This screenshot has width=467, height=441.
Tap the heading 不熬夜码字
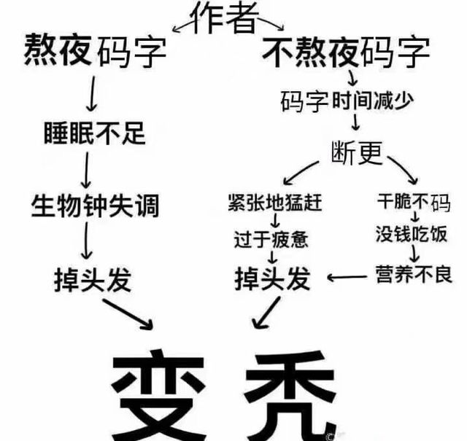coord(346,52)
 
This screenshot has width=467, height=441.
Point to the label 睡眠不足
coord(95,133)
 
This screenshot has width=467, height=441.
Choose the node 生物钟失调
coord(96,206)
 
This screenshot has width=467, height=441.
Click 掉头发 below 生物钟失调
coord(93,279)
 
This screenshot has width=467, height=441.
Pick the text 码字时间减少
coord(347,101)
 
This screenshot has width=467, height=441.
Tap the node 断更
coord(357,152)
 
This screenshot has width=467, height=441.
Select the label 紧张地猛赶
coord(275,203)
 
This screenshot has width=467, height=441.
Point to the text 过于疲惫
coord(271,239)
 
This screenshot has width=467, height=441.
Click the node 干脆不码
coord(414,203)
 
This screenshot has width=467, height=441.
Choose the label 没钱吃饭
coord(412,234)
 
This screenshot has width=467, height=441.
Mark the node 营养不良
coord(414,274)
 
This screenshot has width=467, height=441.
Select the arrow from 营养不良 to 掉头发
coord(347,277)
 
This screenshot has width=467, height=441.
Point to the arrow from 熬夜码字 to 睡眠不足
coord(93,93)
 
